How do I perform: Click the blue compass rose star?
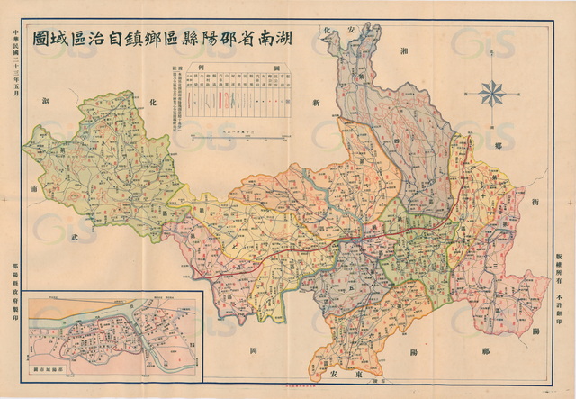click(493, 91)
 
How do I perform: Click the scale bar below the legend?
click(237, 132)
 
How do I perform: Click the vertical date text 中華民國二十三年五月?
click(13, 67)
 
